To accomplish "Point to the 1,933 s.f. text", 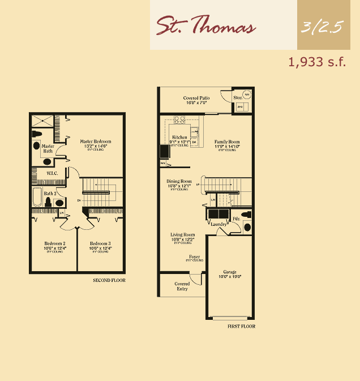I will (317, 62).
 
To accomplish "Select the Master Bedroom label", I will (95, 142).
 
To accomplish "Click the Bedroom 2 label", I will (55, 243).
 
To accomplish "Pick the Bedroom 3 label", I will (99, 243).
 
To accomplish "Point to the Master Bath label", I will (48, 148).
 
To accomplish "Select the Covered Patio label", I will (196, 98).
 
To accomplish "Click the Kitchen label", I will (179, 138).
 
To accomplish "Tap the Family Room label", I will (226, 142).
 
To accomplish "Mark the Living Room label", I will (183, 234).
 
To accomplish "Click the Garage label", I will (230, 272).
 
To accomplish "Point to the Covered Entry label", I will (182, 286).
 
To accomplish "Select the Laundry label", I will (219, 224).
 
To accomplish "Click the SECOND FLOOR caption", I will (109, 280).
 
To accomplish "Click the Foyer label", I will (194, 256).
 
